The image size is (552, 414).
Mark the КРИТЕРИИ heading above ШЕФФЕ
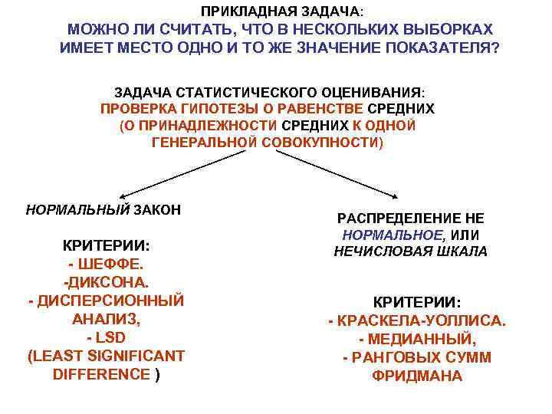pos(106,246)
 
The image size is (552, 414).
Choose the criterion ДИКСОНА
pos(107,281)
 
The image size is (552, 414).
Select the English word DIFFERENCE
pos(101,373)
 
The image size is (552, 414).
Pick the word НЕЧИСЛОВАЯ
pos(374,252)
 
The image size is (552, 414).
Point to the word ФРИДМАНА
pos(417,376)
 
